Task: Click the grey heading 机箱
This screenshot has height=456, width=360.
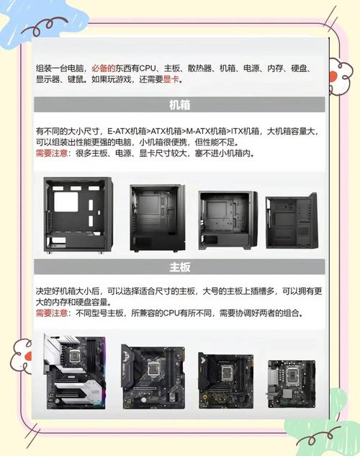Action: [x=180, y=105]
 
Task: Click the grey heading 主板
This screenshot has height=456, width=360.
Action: [x=180, y=267]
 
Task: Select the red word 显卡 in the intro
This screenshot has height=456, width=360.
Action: [x=171, y=79]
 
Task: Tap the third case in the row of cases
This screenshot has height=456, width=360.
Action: [x=227, y=220]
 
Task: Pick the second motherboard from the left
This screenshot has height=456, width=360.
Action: [x=154, y=375]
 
